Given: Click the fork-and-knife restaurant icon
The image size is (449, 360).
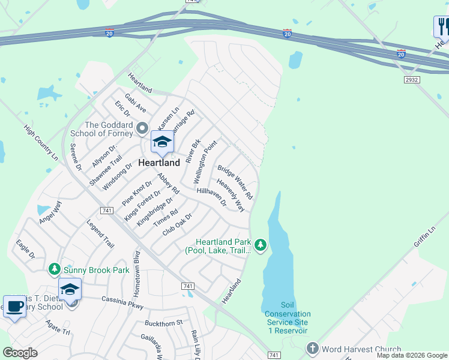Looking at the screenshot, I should (442, 27).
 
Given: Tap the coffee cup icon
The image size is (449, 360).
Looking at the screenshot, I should (14, 307).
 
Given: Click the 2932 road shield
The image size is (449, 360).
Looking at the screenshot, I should (412, 79).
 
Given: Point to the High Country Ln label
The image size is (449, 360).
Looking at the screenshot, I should (41, 143).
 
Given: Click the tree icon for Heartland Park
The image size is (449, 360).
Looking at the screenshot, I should (260, 245).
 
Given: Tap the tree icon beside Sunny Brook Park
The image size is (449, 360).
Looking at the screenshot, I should (55, 269).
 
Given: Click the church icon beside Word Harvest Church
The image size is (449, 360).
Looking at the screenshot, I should (312, 349).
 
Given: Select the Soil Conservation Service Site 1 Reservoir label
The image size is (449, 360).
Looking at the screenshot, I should (288, 322).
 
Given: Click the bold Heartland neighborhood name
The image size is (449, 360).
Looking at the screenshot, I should (159, 163).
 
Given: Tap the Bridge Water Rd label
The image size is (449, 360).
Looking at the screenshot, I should (235, 182).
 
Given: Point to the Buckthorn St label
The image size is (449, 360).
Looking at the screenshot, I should (163, 323).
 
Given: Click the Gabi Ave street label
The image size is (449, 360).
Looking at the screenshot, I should (135, 103).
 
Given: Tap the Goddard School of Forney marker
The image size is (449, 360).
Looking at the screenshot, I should (142, 128).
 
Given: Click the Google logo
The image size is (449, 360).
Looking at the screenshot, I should (20, 353).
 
